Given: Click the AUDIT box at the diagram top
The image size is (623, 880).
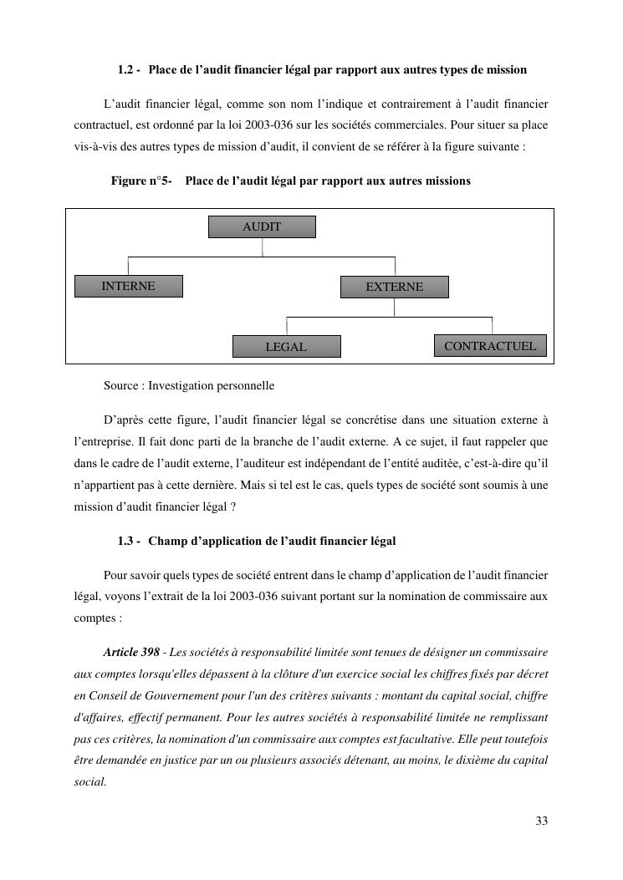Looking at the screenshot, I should coord(262,226).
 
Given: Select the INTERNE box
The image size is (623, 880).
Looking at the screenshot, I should coord(127,286).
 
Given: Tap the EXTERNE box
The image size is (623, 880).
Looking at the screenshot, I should coord(394,287).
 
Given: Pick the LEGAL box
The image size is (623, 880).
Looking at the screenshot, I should coord(286,346).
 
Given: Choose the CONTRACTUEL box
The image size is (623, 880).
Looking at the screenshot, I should coord(490,345).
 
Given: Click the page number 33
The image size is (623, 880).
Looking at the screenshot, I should coord(542,821).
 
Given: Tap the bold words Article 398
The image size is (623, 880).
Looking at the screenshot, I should coord(131,652).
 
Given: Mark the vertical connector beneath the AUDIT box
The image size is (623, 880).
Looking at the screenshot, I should coord(263,247).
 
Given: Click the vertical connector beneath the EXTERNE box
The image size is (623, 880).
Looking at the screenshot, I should coord(395,308).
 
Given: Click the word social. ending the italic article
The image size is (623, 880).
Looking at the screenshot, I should coord(90,782).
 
